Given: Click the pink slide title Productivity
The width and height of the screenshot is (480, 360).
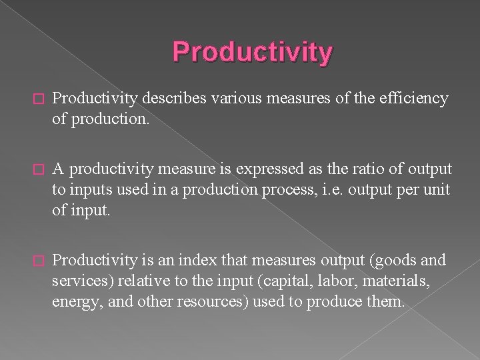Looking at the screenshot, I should coord(251,53).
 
